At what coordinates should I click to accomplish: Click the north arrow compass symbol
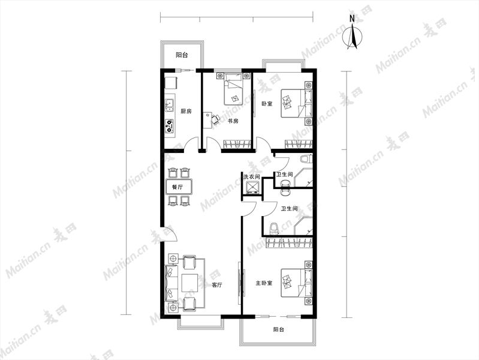[x=353, y=36]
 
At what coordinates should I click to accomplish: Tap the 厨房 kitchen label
[x=186, y=112]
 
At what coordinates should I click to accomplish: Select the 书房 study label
[x=233, y=121]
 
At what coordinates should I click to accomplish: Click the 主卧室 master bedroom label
[x=264, y=283]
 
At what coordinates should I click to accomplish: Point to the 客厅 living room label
[x=217, y=285]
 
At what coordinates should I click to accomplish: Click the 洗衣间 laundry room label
[x=251, y=177]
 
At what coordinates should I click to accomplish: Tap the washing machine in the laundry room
[x=252, y=188]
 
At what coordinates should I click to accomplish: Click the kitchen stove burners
[x=170, y=127]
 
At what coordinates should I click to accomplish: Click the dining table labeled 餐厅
[x=179, y=187]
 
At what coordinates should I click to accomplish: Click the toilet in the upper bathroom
[x=306, y=159]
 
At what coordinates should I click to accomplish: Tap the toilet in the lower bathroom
[x=274, y=229]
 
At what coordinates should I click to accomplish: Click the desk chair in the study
[x=216, y=119]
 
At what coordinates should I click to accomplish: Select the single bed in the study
[x=233, y=89]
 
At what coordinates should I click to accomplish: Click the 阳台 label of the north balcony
[x=182, y=55]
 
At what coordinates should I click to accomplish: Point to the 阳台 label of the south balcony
[x=279, y=330]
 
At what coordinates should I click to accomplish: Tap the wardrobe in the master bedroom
[x=290, y=243]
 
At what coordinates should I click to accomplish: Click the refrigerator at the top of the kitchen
[x=171, y=83]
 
